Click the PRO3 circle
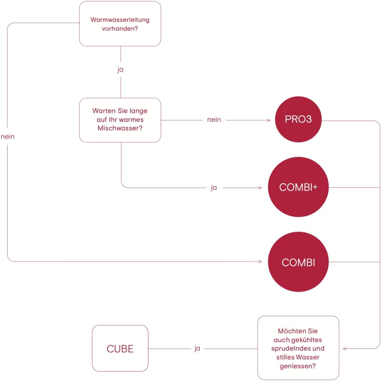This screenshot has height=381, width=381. (298, 119)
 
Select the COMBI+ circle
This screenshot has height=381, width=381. (298, 187)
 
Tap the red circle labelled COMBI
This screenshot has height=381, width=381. (298, 262)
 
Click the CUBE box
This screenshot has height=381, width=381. (120, 348)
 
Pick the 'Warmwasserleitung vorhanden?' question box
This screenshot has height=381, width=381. (120, 24)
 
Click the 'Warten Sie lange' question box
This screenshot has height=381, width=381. (120, 120)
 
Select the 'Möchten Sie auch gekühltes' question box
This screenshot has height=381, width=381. (298, 348)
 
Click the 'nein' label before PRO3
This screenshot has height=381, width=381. (214, 120)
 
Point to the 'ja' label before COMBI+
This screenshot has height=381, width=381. (214, 187)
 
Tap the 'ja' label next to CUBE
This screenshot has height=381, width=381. (197, 348)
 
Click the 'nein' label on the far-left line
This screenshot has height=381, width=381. (8, 137)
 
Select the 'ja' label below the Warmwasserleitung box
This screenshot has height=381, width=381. (120, 70)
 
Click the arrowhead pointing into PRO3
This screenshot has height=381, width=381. (269, 120)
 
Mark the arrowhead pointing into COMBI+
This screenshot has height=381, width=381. (261, 187)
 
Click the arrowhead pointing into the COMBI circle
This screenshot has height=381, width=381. (261, 262)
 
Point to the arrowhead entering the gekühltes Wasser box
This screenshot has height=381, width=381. (344, 348)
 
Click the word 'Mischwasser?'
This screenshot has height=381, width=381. (120, 128)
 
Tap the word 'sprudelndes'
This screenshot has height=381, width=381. (298, 348)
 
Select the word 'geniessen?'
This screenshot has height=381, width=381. (298, 366)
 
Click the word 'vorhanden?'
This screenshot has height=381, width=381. (120, 28)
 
